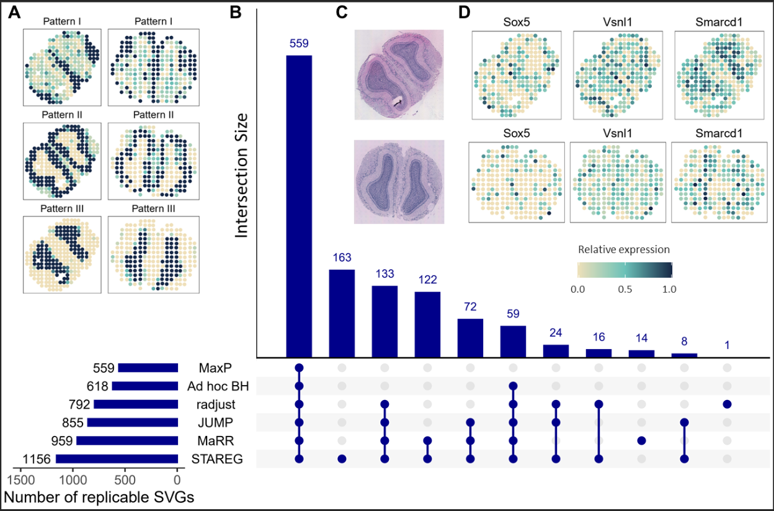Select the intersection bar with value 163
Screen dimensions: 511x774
pyautogui.click(x=342, y=313)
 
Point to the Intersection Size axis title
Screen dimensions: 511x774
pyautogui.click(x=242, y=175)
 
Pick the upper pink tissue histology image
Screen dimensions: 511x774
pyautogui.click(x=399, y=74)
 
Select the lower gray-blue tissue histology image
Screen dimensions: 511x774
pyautogui.click(x=399, y=182)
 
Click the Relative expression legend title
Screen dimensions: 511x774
pyautogui.click(x=623, y=250)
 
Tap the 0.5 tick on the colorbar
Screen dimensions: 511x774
pyautogui.click(x=625, y=289)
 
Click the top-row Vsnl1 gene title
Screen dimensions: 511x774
pyautogui.click(x=618, y=23)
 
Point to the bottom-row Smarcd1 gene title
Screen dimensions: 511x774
pyautogui.click(x=719, y=133)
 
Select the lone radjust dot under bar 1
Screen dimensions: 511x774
pyautogui.click(x=727, y=404)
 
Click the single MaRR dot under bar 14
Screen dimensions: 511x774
pyautogui.click(x=642, y=441)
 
